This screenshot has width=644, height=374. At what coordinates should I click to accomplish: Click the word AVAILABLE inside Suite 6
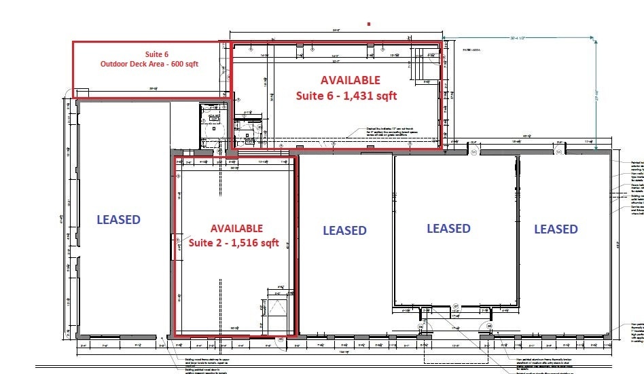click(351, 80)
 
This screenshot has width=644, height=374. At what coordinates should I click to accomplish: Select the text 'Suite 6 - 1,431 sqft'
click(346, 96)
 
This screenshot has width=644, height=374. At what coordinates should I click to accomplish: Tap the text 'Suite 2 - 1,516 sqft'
click(234, 243)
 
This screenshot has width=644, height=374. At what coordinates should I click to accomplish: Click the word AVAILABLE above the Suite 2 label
click(236, 228)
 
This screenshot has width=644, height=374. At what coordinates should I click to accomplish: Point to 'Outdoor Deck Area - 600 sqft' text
click(149, 64)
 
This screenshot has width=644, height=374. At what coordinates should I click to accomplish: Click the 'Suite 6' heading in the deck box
click(156, 54)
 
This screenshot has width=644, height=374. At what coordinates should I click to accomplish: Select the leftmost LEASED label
click(118, 219)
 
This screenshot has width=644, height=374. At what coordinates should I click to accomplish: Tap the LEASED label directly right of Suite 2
click(344, 231)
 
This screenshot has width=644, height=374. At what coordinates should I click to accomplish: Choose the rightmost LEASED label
click(555, 229)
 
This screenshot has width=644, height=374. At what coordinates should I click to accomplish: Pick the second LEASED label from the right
click(448, 229)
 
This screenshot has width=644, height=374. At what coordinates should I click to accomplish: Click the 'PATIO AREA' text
click(472, 50)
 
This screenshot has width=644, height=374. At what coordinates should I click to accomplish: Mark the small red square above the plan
click(368, 23)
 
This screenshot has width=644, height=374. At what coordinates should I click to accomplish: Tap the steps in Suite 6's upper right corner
click(421, 67)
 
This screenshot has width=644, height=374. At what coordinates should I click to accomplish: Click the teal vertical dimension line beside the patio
click(595, 88)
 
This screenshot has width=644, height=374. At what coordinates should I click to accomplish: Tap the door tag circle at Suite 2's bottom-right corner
click(280, 338)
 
